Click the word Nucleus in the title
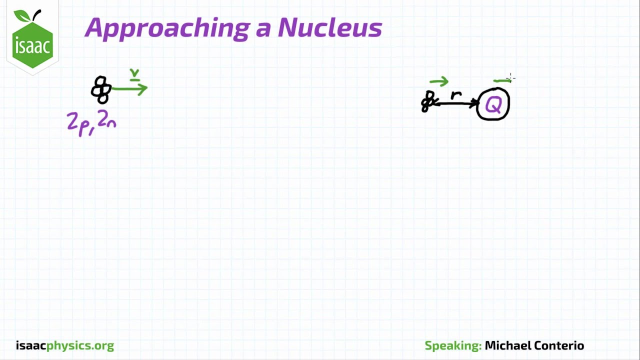point(329,27)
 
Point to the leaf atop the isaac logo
point(22,16)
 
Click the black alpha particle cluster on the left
point(101,90)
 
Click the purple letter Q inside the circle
point(493,105)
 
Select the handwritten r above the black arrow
point(456,94)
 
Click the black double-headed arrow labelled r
point(457,103)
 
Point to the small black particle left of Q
point(427,101)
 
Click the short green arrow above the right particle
point(438,81)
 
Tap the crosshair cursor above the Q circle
point(510,77)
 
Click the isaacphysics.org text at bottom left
point(64,345)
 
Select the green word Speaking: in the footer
point(452,345)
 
